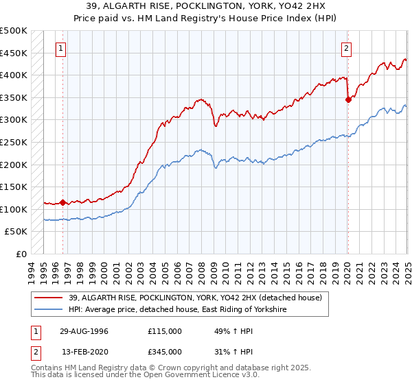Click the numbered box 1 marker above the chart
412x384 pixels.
62,48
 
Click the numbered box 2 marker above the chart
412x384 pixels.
346,48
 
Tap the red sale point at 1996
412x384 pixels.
62,202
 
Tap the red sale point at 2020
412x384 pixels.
348,99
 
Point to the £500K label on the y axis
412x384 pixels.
14,31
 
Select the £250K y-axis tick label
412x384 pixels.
14,142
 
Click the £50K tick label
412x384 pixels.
16,232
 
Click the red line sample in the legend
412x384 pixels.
49,297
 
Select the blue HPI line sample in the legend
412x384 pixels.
49,310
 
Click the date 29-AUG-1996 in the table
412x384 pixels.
84,331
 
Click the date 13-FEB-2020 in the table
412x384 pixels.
84,353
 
